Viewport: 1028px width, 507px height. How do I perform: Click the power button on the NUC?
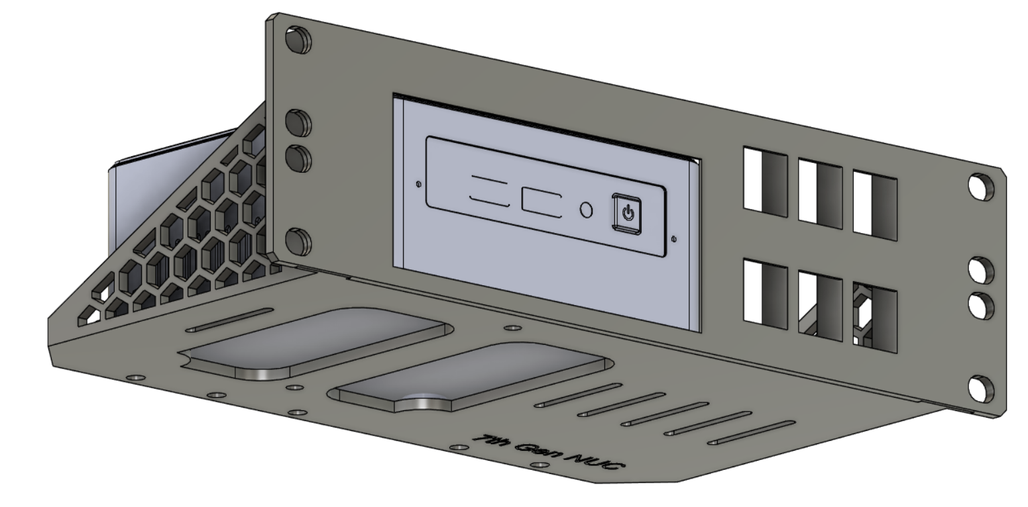pos(627,214)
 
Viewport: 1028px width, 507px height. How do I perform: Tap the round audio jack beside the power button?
pos(586,209)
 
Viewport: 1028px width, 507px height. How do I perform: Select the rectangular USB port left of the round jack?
pos(542,201)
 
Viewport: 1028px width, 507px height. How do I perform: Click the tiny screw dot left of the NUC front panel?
pos(418,185)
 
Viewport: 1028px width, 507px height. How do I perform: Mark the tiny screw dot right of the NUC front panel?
pos(674,239)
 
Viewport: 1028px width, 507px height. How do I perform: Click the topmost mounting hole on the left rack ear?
pos(298,40)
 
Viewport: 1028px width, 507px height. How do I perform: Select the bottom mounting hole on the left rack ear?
pos(298,242)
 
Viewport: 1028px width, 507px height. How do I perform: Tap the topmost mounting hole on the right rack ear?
pos(980,187)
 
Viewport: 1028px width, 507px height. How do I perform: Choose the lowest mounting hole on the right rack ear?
pos(981,389)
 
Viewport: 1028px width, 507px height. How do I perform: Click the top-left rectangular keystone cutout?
pos(765,181)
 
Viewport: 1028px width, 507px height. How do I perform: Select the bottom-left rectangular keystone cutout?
pos(765,293)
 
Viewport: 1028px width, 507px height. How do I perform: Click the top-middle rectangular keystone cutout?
pos(820,193)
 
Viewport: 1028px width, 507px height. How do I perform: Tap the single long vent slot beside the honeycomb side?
pos(229,319)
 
